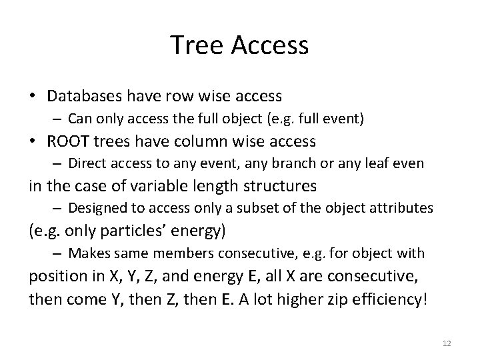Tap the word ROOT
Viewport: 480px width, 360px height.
[69, 141]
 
